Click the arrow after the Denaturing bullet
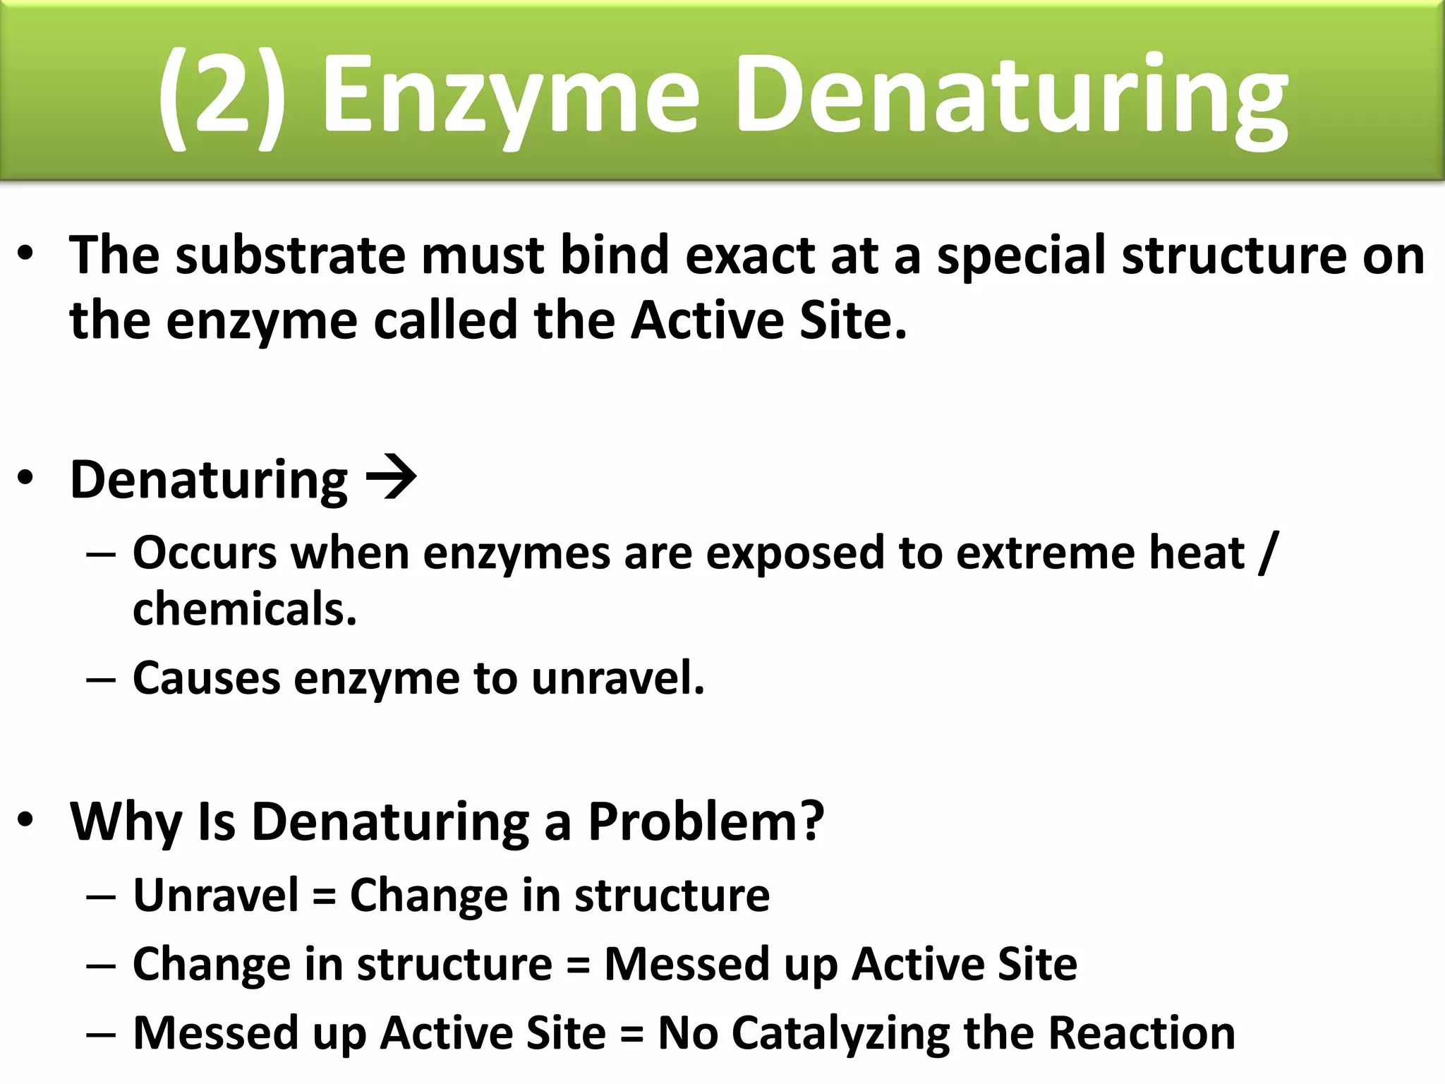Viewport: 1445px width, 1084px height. click(391, 478)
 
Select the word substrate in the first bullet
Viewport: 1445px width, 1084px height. click(290, 255)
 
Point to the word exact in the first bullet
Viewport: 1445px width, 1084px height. click(749, 255)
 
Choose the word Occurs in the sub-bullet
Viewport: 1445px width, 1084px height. click(205, 553)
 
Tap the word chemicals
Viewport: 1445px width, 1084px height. click(244, 609)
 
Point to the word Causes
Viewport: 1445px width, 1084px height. click(206, 678)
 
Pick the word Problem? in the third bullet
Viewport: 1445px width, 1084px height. click(706, 822)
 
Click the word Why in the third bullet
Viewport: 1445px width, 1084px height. click(126, 822)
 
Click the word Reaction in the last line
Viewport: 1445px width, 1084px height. click(1141, 1033)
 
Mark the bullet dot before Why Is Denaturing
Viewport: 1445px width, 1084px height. click(26, 820)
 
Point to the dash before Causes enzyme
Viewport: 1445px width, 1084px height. click(100, 680)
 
